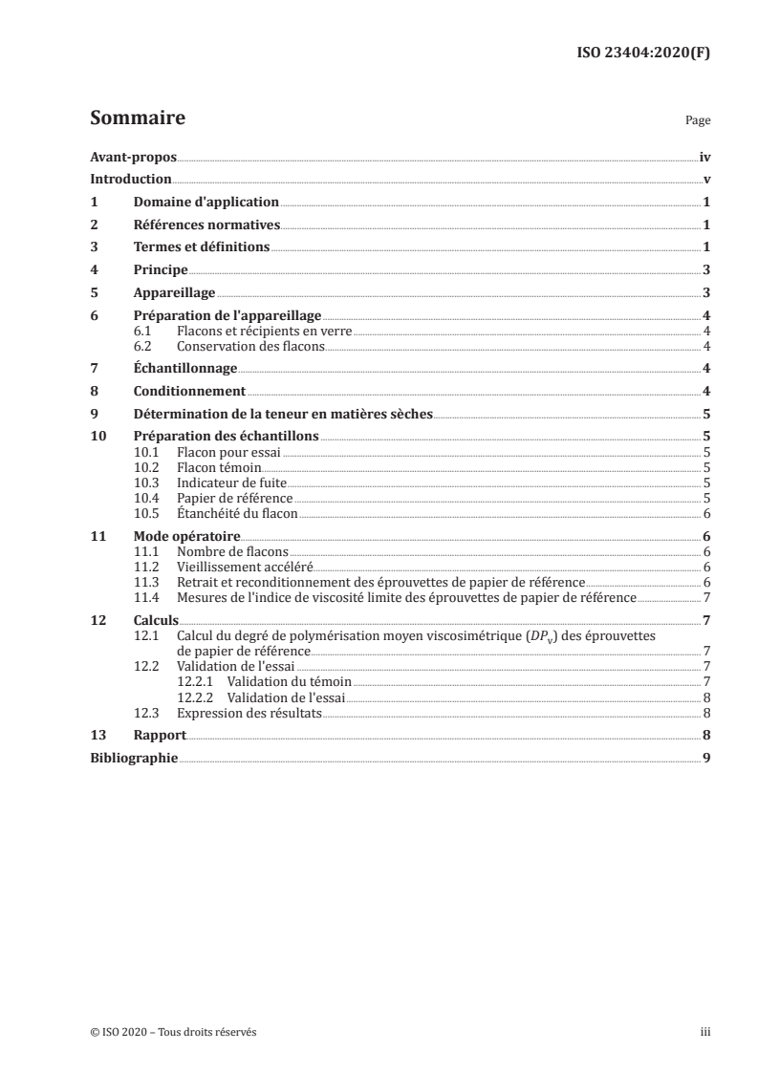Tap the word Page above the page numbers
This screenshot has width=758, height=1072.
tap(698, 122)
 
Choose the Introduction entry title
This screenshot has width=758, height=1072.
tap(131, 180)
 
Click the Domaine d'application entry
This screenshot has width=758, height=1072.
tap(206, 203)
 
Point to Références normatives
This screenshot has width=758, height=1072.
tap(206, 225)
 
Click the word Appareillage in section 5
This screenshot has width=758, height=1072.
tap(174, 294)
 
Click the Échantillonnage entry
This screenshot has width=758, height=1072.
tap(184, 369)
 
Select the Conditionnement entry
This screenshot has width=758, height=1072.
tap(189, 392)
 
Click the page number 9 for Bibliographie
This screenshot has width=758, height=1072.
tap(705, 758)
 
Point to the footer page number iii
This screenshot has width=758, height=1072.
tap(705, 1033)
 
